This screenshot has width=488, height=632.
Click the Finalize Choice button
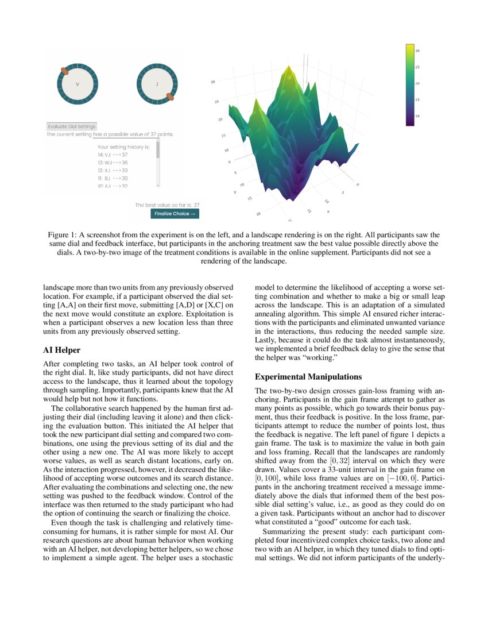[175, 214]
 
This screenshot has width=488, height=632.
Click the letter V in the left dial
[78, 84]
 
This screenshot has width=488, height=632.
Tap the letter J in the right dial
[157, 84]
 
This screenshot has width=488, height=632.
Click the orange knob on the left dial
[65, 71]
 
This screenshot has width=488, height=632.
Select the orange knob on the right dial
[169, 97]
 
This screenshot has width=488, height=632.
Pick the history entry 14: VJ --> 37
[113, 155]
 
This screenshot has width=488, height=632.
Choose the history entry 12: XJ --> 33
[113, 171]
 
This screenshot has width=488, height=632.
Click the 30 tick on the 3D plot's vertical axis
[212, 83]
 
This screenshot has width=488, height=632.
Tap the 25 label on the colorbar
[417, 67]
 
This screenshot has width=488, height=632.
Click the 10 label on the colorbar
[417, 116]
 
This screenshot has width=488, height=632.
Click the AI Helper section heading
[62, 350]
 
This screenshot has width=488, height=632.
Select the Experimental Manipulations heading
[308, 377]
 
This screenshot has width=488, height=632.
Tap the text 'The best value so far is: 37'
[168, 205]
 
